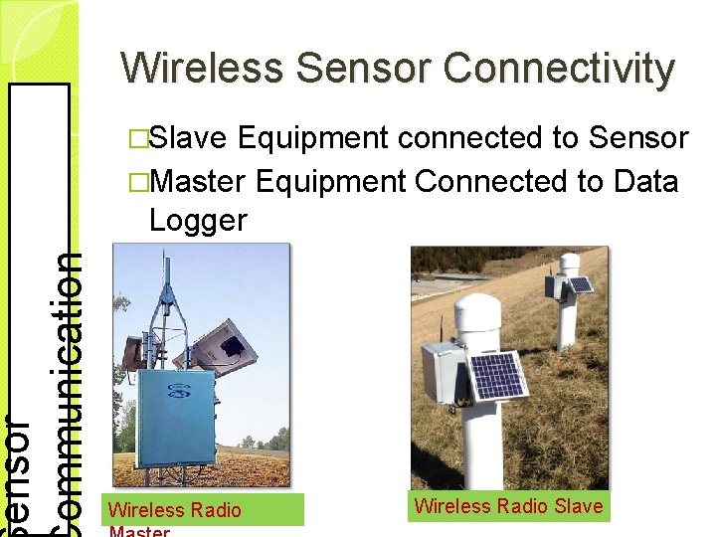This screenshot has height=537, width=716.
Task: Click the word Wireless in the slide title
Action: pos(203,68)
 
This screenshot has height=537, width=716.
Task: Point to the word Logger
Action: pos(197,220)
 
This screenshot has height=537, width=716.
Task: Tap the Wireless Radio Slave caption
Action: pos(508,506)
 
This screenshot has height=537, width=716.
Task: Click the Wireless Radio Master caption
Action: pos(175,510)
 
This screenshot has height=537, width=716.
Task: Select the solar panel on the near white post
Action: pos(496,375)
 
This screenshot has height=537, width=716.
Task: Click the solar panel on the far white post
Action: pos(580,285)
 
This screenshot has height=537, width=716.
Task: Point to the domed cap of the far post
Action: pos(570,264)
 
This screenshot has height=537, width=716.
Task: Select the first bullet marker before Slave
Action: pos(139,139)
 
